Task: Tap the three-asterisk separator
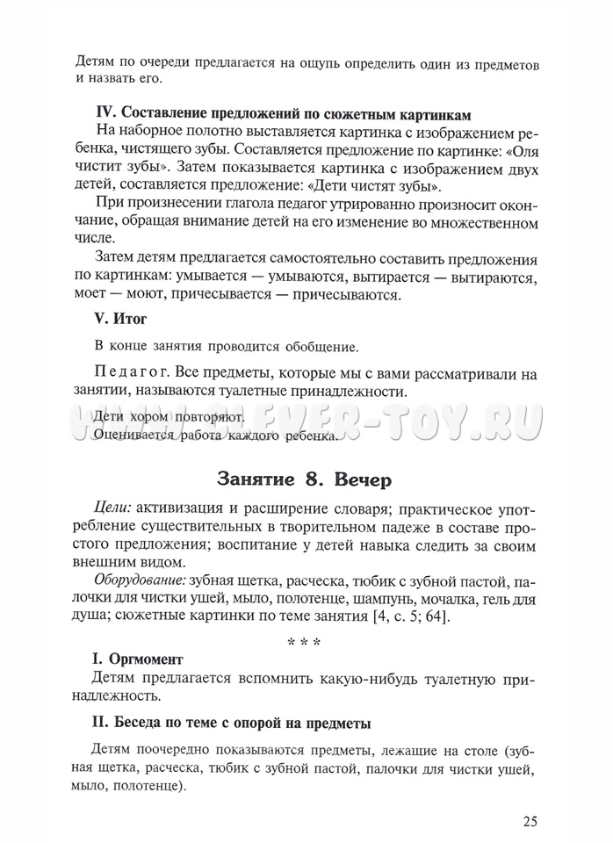pos(304,643)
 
